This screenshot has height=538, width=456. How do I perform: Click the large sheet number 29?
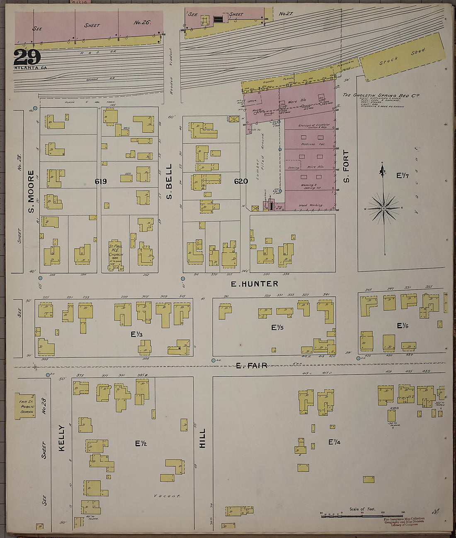[27, 57]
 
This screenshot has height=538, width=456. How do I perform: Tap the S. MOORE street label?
[31, 191]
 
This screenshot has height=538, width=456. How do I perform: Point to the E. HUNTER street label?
[255, 284]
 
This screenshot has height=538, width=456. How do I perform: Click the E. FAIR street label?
[252, 365]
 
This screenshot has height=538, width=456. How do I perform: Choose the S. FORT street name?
[347, 166]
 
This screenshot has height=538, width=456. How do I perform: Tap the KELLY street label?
[62, 437]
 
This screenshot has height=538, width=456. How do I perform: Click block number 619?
[101, 181]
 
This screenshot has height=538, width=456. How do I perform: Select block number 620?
[241, 181]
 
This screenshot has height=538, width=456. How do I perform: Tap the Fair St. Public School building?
[25, 406]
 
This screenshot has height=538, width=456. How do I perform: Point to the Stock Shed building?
[402, 57]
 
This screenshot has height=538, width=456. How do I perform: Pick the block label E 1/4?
[335, 442]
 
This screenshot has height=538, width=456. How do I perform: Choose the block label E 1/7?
[403, 176]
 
